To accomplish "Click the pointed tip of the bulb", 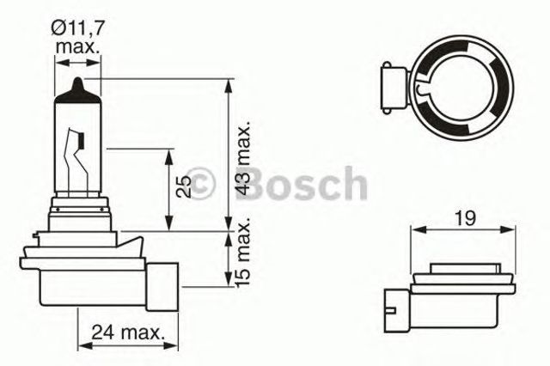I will [77, 84].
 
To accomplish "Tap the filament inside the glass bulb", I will [78, 155].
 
